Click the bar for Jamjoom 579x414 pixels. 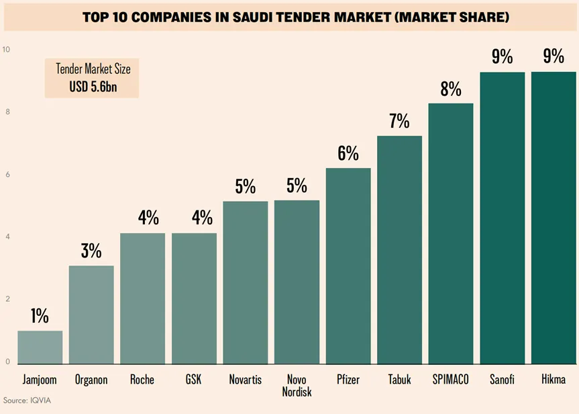40,347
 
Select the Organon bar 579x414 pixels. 91,315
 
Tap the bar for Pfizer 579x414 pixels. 348,265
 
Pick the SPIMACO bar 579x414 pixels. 451,233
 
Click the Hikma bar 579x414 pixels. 554,218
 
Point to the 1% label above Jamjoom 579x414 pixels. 40,316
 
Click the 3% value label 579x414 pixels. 91,251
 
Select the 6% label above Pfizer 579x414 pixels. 348,153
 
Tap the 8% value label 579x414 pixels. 451,89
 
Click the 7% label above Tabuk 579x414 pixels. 399,121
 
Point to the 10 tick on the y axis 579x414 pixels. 6,50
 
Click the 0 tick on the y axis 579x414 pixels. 7,362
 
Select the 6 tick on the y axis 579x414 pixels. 7,175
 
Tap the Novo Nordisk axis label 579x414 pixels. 297,384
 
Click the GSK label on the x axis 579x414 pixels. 194,380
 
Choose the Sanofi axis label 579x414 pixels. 502,380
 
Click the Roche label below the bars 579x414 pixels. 142,380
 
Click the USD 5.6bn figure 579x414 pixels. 94,86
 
